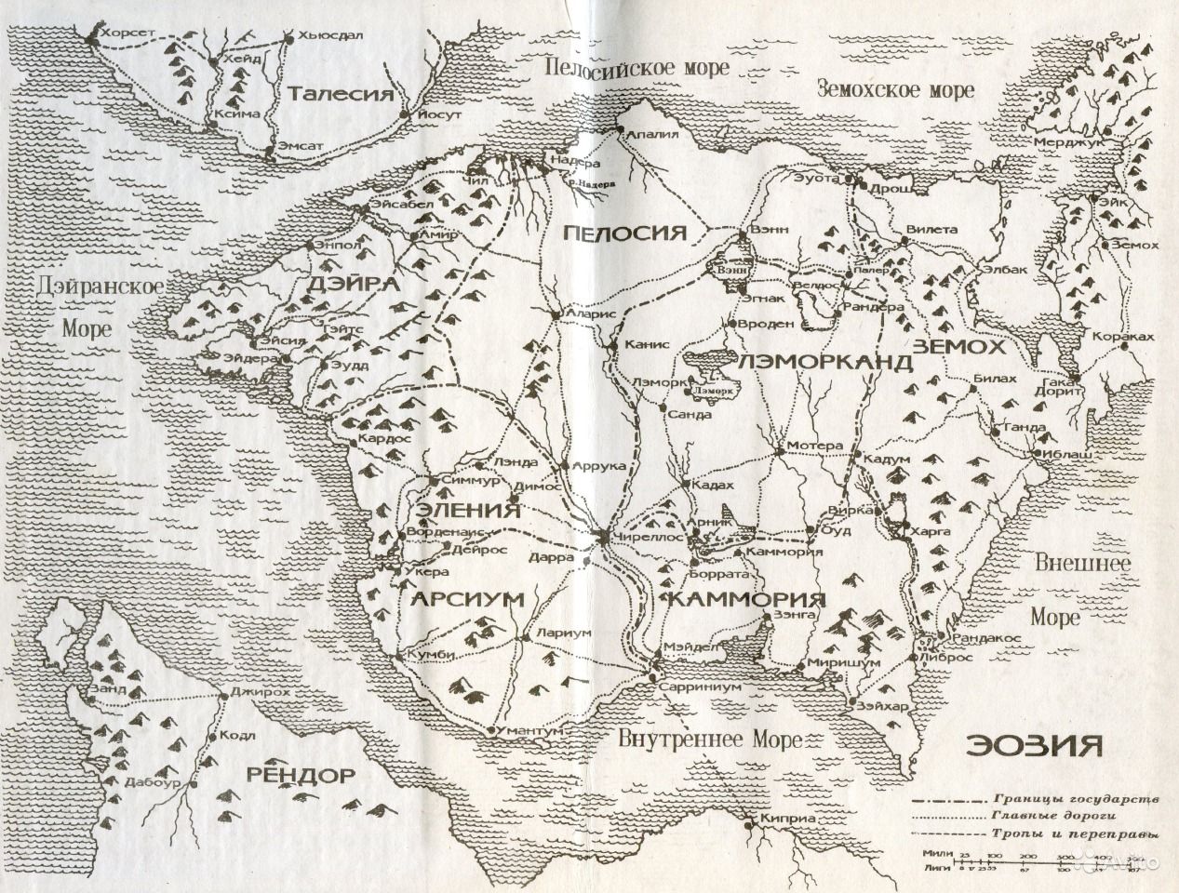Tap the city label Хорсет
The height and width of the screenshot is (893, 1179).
(131, 32)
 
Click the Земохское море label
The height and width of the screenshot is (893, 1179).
(895, 89)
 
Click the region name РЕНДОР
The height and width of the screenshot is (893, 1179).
(301, 774)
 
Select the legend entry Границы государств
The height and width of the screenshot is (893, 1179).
(1075, 799)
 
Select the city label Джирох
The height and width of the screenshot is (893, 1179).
(255, 693)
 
